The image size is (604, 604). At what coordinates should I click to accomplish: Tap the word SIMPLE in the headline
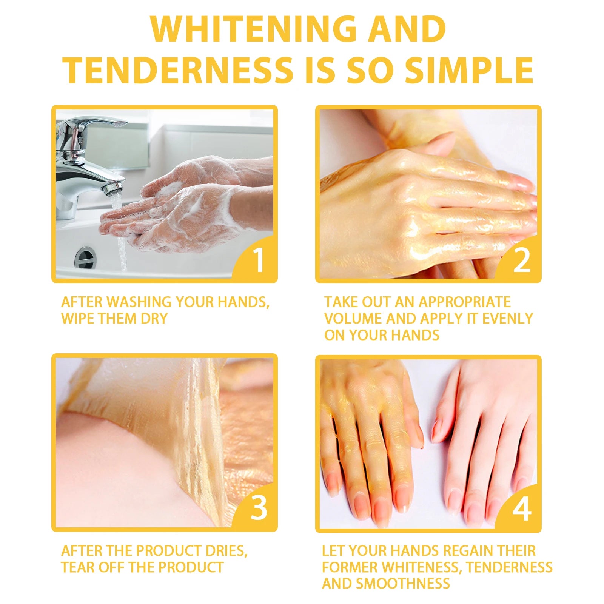point(469,70)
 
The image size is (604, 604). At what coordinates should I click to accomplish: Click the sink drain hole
point(85,258)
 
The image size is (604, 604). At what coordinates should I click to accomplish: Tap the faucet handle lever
point(94,124)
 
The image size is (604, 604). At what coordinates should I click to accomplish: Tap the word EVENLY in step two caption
point(508,319)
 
